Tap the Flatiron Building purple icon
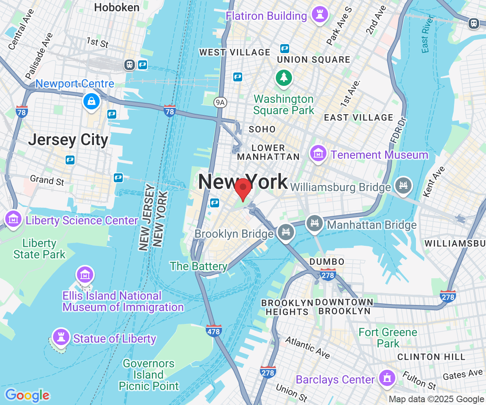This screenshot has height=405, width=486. [320, 15]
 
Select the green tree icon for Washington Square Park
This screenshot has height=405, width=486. [284, 77]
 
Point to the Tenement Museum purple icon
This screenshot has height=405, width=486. [319, 153]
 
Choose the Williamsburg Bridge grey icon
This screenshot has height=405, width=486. [403, 186]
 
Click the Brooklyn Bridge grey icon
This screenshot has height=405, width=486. [286, 232]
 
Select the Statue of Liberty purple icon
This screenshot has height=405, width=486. [61, 337]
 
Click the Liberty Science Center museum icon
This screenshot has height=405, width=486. [13, 219]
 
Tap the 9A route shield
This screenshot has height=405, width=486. [220, 102]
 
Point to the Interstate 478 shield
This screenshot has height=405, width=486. [213, 331]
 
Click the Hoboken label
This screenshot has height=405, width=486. [117, 7]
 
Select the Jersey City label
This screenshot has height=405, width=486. [68, 140]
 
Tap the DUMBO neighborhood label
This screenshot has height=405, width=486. [327, 262]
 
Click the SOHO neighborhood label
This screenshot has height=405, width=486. [262, 129]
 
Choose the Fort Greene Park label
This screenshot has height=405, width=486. [388, 338]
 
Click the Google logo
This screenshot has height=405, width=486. [27, 395]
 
